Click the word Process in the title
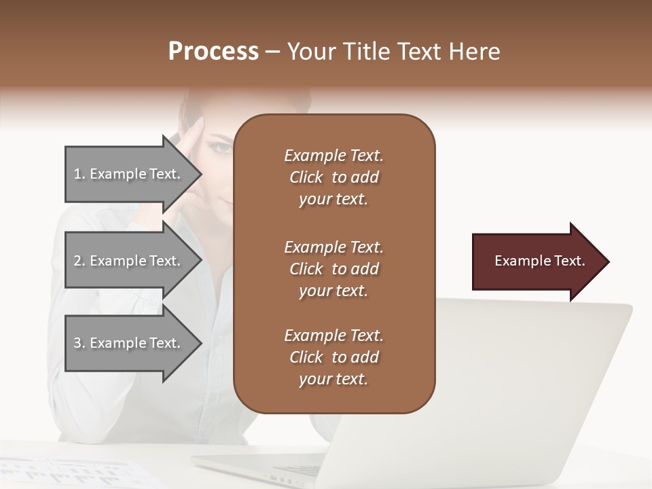tap(213, 52)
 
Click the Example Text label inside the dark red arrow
tap(539, 261)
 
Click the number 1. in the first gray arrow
tap(79, 174)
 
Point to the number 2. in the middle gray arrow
tap(79, 261)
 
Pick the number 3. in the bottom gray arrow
tap(79, 343)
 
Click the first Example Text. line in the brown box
tap(333, 156)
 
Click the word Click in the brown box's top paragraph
tap(306, 177)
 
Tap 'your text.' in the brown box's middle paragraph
tap(333, 291)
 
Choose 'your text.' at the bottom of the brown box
tap(333, 379)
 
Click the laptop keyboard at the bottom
tap(299, 470)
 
